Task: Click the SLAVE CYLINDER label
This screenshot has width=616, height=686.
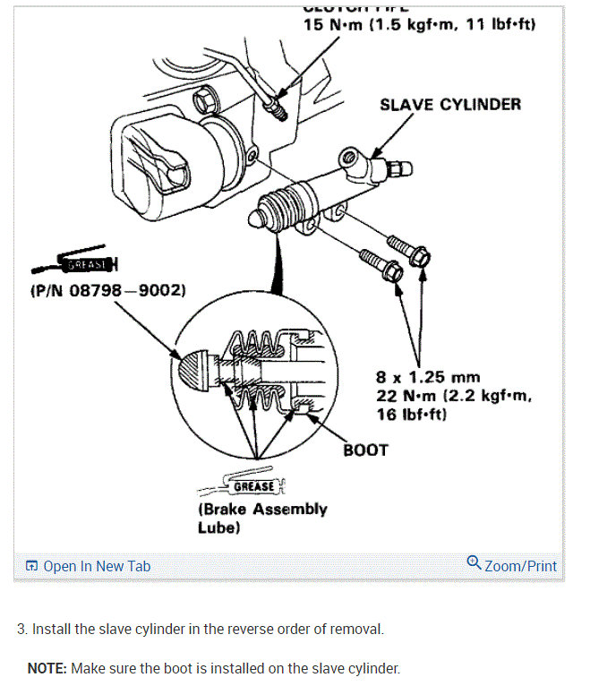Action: tap(449, 105)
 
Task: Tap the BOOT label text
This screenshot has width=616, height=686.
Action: tap(365, 450)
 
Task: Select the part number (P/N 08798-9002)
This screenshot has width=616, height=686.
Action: tap(107, 290)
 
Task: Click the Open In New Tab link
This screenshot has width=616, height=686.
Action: tap(96, 566)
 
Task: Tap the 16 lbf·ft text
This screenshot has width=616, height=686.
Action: tap(412, 415)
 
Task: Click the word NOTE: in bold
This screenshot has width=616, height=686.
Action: tap(47, 668)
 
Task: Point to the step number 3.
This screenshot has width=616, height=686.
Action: tap(21, 629)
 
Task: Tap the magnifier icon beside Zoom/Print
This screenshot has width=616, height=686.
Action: tap(474, 563)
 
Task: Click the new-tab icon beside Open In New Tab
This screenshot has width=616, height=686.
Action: tap(32, 566)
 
